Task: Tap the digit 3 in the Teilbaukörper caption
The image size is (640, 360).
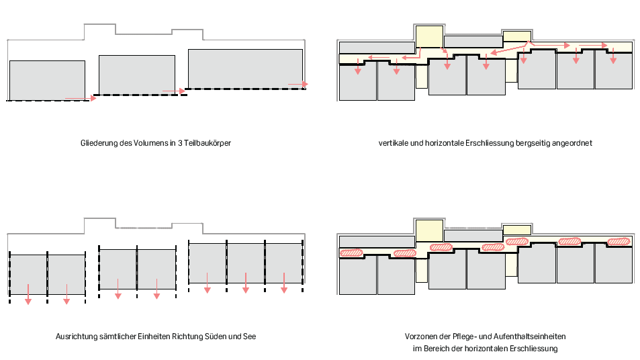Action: tap(179, 143)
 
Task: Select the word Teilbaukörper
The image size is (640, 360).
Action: tap(208, 143)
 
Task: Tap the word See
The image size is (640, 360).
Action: tap(249, 336)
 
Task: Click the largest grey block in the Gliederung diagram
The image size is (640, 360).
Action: tap(245, 69)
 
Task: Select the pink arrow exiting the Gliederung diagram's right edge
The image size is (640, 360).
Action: tap(298, 85)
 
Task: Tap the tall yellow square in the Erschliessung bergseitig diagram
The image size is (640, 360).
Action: tap(429, 36)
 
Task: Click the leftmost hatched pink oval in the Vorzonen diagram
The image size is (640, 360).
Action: tap(351, 253)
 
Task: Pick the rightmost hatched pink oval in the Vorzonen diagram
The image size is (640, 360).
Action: tap(619, 242)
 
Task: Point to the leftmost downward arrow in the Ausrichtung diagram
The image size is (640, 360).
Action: tap(28, 294)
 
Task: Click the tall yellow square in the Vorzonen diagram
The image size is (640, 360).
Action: tap(429, 230)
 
